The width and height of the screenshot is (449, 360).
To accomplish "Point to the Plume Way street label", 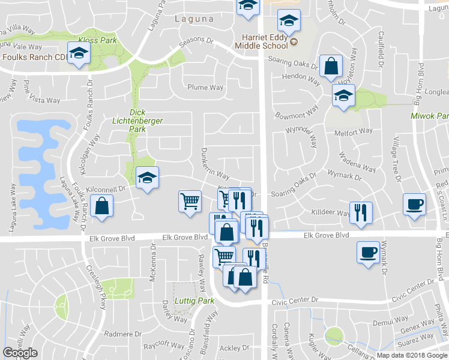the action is tap(205, 88).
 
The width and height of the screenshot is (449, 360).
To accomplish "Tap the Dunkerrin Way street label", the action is tap(215, 164).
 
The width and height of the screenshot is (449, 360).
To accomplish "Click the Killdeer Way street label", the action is tap(330, 212).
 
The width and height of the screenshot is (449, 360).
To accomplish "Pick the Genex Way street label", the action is tap(417, 330).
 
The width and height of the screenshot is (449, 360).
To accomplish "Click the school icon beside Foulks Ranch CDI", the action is tap(79, 53).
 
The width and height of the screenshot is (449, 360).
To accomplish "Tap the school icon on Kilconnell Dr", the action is tap(147, 178).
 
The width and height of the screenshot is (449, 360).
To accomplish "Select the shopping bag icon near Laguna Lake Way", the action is tap(103, 206).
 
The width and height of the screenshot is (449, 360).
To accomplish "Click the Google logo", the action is tap(20, 353).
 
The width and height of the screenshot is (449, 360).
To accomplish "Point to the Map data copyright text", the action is tap(411, 355).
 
